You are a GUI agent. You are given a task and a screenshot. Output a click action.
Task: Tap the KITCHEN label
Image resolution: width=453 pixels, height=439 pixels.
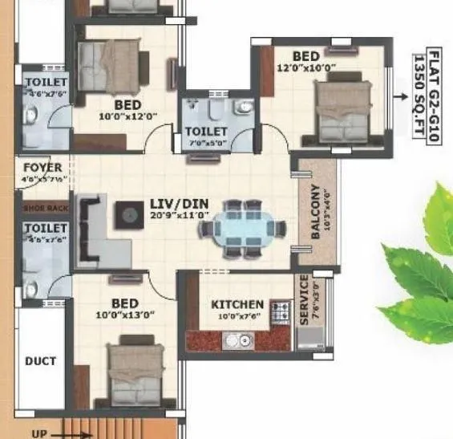tap(237, 304)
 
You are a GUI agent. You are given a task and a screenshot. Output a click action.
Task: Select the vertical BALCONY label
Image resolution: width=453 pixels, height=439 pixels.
tap(315, 213)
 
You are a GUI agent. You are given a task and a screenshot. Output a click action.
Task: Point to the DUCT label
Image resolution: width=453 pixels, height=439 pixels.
tap(40, 361)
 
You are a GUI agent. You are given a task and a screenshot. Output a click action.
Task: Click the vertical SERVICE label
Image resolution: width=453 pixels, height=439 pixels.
tap(303, 300)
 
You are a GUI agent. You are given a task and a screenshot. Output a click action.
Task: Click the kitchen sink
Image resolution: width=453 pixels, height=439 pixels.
tap(235, 341)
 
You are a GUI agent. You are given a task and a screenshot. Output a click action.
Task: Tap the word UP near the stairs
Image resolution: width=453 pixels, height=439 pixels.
tap(38, 433)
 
